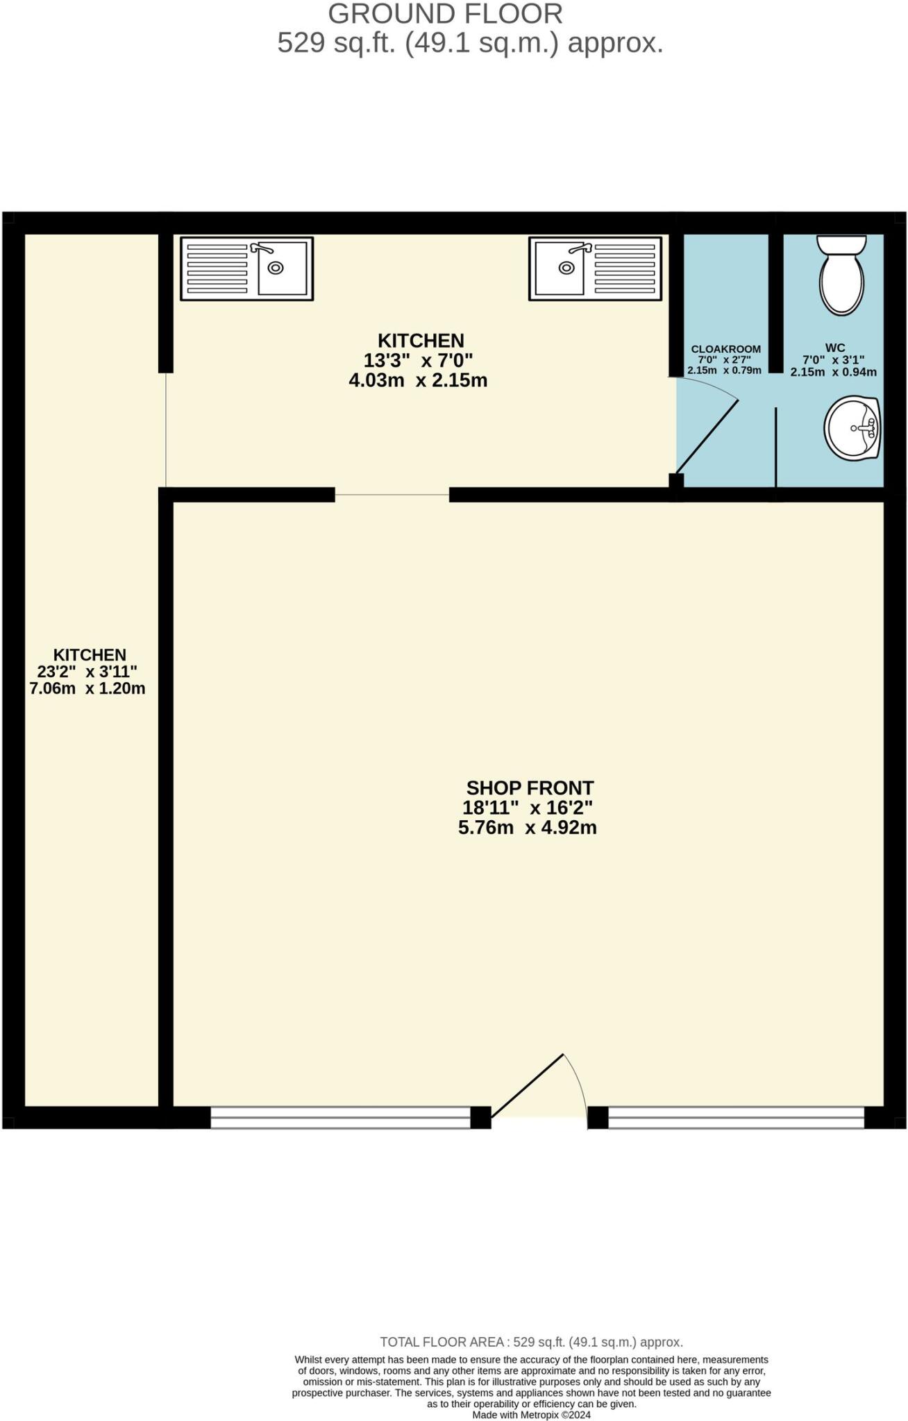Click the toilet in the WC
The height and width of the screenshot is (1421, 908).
pos(841,276)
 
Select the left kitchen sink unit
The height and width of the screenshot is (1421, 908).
pos(246,269)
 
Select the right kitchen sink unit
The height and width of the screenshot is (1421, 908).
pos(595,269)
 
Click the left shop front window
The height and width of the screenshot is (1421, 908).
pos(340,1117)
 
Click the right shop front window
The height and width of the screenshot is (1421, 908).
pos(736,1117)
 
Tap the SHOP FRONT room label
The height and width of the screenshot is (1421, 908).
pos(530,788)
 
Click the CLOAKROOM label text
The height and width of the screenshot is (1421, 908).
pos(725,349)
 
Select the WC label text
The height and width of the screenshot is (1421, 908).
pos(834,348)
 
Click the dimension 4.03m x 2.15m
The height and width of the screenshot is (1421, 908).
pos(418,380)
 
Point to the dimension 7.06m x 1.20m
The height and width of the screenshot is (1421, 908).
pos(87,688)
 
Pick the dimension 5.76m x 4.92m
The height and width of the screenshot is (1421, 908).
pos(528,827)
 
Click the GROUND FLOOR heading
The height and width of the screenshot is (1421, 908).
pos(445,14)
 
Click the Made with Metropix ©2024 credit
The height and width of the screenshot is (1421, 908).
pos(531,1415)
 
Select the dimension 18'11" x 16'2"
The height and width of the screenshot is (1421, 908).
pos(528,808)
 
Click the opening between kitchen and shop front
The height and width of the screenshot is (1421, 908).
pos(392,495)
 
